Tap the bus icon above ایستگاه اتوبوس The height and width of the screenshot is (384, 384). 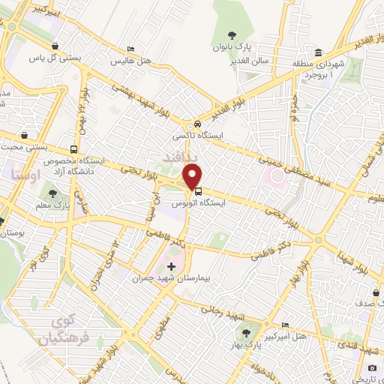pyautogui.click(x=197, y=190)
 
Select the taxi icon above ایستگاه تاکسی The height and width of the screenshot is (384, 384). pyautogui.click(x=196, y=124)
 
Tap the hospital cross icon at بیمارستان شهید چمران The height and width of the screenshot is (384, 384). pyautogui.click(x=171, y=266)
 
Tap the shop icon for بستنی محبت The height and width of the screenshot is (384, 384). pyautogui.click(x=25, y=135)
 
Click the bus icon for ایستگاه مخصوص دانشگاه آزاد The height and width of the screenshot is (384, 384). pyautogui.click(x=73, y=148)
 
